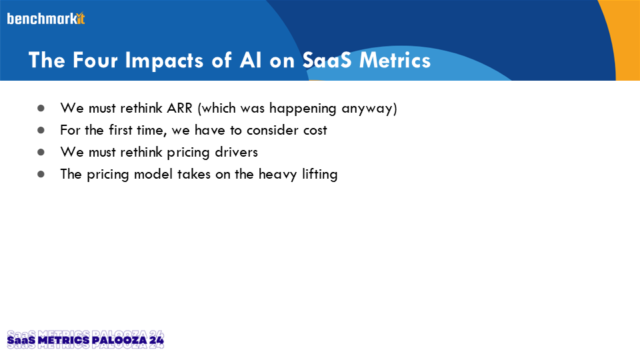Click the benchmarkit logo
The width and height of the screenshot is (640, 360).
(46, 19)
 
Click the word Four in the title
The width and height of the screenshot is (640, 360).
(95, 60)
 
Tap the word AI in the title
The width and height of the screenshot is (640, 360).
(251, 60)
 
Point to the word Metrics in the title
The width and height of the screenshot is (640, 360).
(395, 60)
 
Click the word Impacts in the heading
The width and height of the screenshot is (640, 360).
(164, 61)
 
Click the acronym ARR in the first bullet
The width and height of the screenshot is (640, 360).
(179, 108)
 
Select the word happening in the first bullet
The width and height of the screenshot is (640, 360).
(303, 109)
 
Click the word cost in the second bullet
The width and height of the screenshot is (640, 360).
(315, 131)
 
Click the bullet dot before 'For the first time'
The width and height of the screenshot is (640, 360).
(41, 130)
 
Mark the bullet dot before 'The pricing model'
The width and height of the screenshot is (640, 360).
(41, 174)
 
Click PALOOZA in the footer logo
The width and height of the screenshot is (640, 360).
(119, 340)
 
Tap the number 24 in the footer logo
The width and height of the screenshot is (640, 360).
(156, 340)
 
